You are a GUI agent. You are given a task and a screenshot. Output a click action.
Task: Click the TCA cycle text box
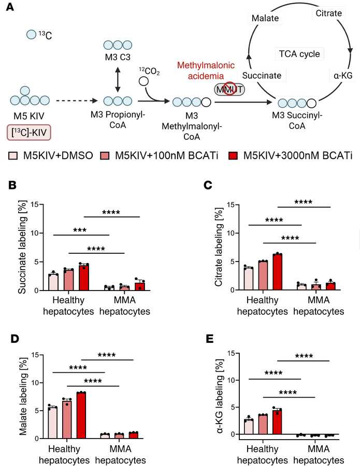(299, 53)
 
